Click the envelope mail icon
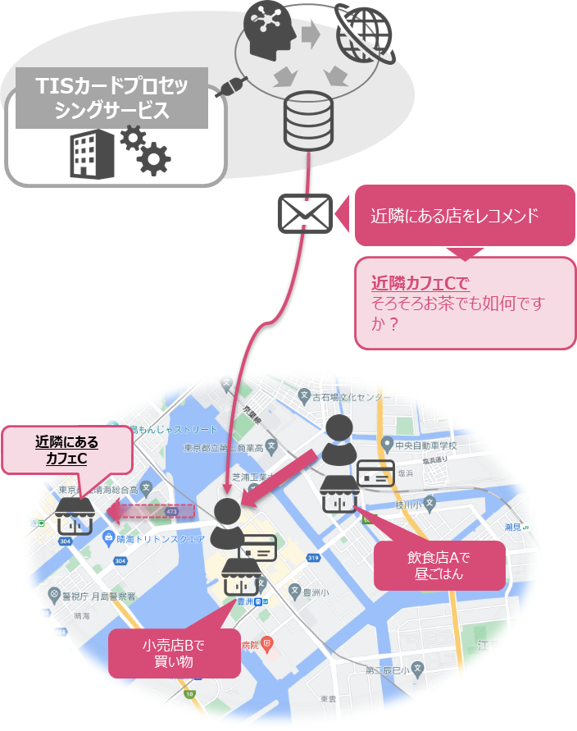[x=305, y=213]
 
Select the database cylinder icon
[x=308, y=121]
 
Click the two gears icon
[x=145, y=149]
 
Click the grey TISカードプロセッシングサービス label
[x=111, y=98]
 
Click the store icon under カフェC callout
[x=75, y=515]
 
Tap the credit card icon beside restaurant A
[x=376, y=475]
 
